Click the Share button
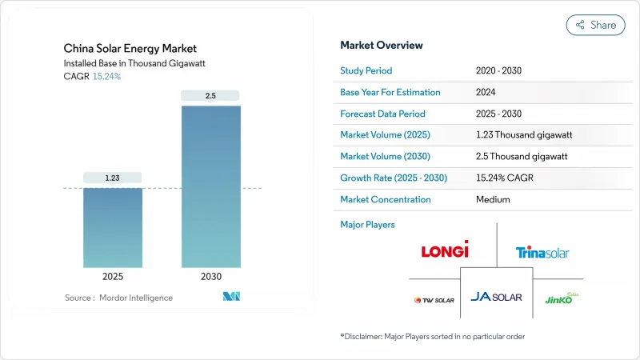[x=596, y=25]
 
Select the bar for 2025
[x=113, y=227]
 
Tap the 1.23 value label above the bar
[x=113, y=178]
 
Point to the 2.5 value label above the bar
[x=210, y=96]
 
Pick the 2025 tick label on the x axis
[x=113, y=278]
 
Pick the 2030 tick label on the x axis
[x=210, y=278]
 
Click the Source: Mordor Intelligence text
[x=118, y=298]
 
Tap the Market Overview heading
[x=382, y=46]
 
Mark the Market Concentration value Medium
[x=493, y=199]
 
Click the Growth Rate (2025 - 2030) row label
[x=394, y=178]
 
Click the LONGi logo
[x=445, y=251]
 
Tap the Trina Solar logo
[x=542, y=253]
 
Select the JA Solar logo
[x=496, y=298]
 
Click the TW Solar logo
[x=434, y=301]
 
